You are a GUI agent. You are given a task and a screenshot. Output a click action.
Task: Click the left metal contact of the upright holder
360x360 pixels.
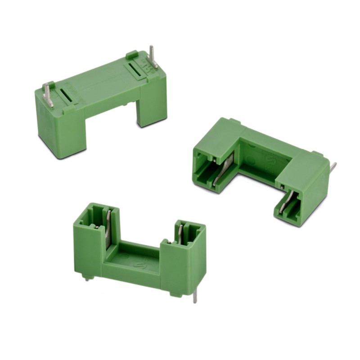(108, 229)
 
